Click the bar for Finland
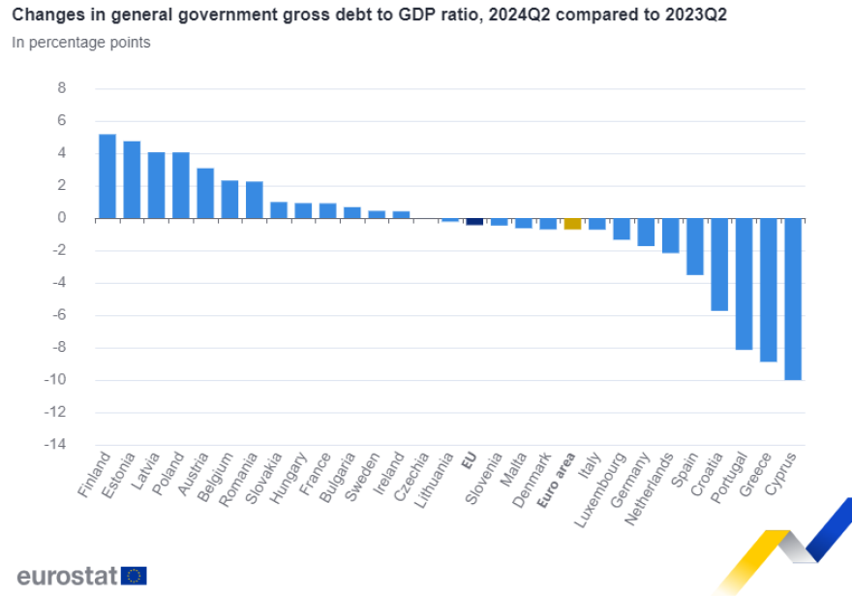[x=107, y=176]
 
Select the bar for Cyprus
[x=792, y=299]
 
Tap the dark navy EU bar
[x=474, y=221]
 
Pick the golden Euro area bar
[x=572, y=224]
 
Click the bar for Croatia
[x=719, y=264]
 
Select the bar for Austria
[x=205, y=193]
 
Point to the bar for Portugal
[x=744, y=283]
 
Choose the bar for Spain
[x=694, y=246]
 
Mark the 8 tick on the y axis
[x=62, y=88]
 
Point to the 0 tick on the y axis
[x=62, y=218]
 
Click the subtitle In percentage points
[x=81, y=43]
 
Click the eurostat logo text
[x=67, y=576]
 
